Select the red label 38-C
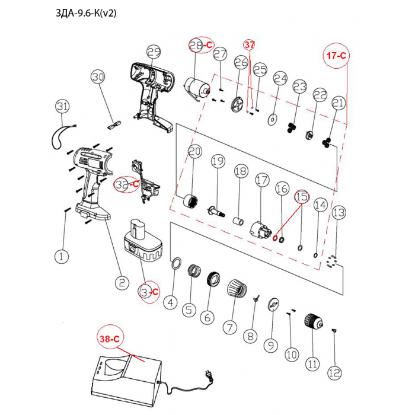(x=109, y=339)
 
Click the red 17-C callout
(x=335, y=55)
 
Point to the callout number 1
(x=62, y=257)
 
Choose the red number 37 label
(x=250, y=45)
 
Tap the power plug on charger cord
(x=209, y=375)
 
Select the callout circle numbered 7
(x=229, y=327)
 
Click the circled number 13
(x=338, y=212)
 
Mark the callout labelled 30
(x=98, y=77)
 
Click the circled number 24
(x=280, y=79)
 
